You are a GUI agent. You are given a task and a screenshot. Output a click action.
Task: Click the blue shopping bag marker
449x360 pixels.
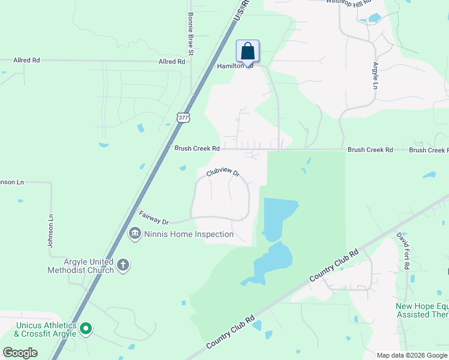coord(247,52)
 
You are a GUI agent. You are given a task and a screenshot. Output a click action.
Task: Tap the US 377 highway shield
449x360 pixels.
coord(184,118)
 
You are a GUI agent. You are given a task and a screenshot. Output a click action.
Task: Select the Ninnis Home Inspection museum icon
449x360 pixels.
coord(135,234)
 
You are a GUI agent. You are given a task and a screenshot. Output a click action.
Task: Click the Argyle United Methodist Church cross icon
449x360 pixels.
coord(123,265)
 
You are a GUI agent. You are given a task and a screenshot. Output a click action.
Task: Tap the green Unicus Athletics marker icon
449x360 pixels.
coord(86,328)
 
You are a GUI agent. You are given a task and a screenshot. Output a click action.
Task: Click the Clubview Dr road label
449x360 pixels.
coord(223,172)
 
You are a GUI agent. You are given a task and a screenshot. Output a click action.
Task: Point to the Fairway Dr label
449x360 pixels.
coord(154,217)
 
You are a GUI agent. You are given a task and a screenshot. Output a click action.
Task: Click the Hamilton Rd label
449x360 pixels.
coord(235,66)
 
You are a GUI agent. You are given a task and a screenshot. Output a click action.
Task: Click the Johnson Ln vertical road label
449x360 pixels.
coord(51,231)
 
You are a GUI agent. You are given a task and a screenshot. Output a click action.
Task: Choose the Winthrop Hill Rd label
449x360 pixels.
coord(349,3)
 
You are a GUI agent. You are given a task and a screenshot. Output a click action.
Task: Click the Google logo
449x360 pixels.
coord(20,353)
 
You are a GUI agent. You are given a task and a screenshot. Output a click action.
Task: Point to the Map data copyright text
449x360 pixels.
coord(412,355)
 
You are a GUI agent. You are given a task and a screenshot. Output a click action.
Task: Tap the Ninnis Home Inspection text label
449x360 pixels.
coord(189,234)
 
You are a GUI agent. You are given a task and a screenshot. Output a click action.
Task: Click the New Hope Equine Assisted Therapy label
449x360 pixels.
coord(421,310)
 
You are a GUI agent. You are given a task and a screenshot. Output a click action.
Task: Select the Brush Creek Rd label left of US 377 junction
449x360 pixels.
coord(197,148)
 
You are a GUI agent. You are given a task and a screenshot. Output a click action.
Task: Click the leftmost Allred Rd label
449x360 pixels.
coord(26,61)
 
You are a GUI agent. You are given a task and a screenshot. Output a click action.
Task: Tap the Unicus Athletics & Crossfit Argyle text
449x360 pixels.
coord(46,329)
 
